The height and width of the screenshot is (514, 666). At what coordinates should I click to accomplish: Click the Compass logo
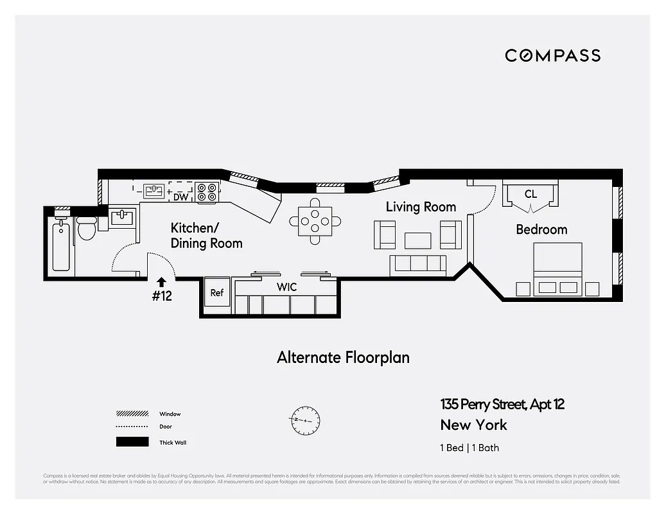pos(552,55)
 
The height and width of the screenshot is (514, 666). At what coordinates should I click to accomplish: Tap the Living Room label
pos(421,207)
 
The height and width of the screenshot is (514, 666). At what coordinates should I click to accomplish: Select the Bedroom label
pos(541,229)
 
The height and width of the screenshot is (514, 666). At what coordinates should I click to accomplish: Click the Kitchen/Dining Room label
pos(206,236)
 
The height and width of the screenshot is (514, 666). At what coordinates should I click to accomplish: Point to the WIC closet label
pos(286,287)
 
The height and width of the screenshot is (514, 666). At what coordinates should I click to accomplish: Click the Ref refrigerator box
pos(217,293)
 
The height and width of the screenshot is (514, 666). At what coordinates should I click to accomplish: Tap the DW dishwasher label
pos(180,197)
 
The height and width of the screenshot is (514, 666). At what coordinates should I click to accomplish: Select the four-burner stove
pos(207,192)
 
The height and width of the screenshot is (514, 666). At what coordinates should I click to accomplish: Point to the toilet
pos(85,227)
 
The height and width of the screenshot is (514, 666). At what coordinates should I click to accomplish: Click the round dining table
pos(315,222)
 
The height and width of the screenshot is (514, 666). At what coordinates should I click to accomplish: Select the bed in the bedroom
pos(557,269)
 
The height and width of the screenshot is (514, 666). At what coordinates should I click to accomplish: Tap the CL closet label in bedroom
pos(530,194)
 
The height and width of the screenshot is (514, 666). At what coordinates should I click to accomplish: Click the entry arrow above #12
pos(161,281)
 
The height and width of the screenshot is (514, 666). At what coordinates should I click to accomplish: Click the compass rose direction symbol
pos(304,420)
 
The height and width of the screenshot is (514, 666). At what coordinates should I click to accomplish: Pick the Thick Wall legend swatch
pos(132,442)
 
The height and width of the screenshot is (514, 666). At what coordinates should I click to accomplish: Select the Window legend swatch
pos(132,414)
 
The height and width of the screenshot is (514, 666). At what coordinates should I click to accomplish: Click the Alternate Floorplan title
pos(343,357)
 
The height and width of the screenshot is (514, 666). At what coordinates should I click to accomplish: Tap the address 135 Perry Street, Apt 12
pos(502,404)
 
